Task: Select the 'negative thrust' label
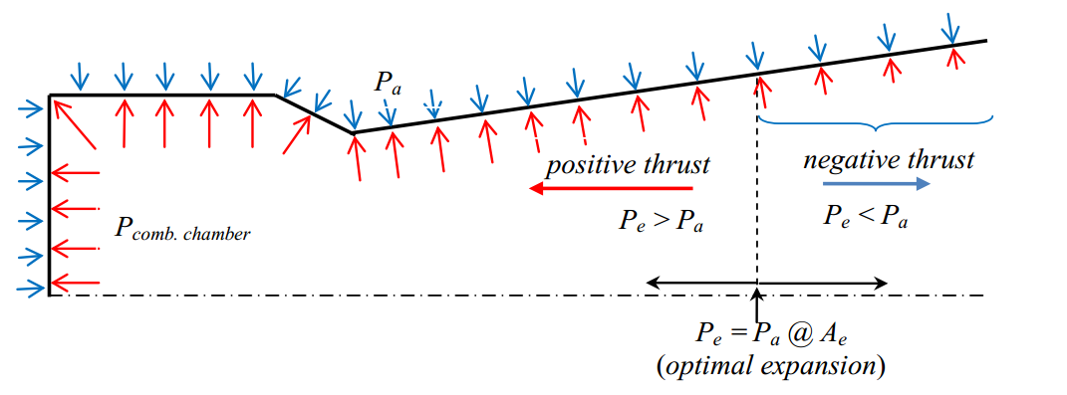point(889,160)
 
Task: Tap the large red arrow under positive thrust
point(610,188)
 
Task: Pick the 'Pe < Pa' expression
point(866,217)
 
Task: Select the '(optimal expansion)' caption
point(771,367)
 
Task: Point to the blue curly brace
point(876,123)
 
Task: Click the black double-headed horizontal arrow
point(766,283)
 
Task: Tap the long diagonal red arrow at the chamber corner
point(74,123)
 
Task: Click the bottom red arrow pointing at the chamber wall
point(76,282)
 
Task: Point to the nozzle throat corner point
point(354,132)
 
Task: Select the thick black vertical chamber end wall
point(50,196)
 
